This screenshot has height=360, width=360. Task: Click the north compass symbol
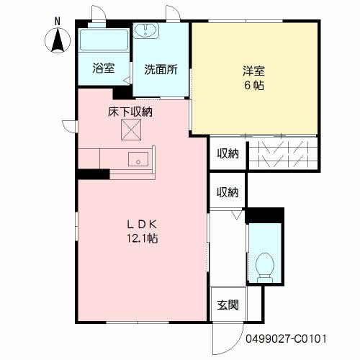pyautogui.click(x=58, y=40)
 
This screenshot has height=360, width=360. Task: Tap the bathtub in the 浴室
pyautogui.click(x=104, y=40)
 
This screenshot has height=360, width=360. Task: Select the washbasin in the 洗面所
pyautogui.click(x=145, y=31)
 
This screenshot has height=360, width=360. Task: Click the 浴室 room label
pyautogui.click(x=104, y=68)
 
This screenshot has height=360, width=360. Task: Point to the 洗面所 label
pyautogui.click(x=161, y=69)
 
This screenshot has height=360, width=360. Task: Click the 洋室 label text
pyautogui.click(x=254, y=71)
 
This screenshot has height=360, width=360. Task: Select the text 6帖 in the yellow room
pyautogui.click(x=254, y=86)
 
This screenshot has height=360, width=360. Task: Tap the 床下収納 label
pyautogui.click(x=130, y=112)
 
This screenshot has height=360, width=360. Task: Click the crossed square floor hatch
pyautogui.click(x=131, y=130)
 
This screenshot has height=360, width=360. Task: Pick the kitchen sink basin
pyautogui.click(x=138, y=159)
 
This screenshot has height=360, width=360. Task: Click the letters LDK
pyautogui.click(x=142, y=225)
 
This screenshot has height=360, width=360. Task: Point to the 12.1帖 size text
pyautogui.click(x=142, y=238)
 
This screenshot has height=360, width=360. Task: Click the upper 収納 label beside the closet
pyautogui.click(x=228, y=153)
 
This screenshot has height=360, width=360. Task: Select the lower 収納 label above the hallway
pyautogui.click(x=228, y=192)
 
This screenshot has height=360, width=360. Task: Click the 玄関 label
pyautogui.click(x=228, y=305)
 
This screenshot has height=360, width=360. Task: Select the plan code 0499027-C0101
pyautogui.click(x=286, y=339)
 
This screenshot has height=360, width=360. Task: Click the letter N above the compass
pyautogui.click(x=58, y=22)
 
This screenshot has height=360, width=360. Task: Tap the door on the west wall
pyautogui.click(x=69, y=126)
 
